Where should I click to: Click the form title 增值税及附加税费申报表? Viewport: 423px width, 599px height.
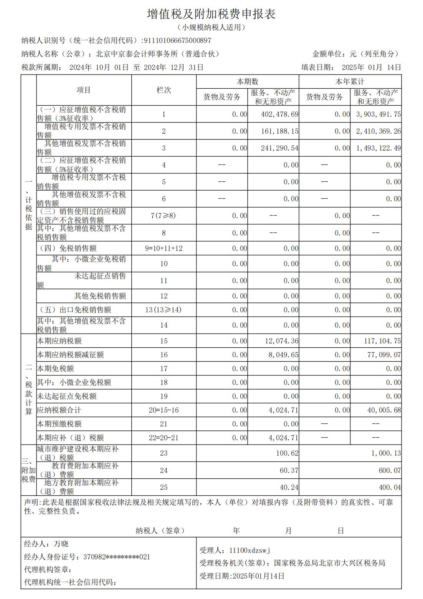(211, 14)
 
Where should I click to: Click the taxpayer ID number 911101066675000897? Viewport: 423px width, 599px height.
(177, 40)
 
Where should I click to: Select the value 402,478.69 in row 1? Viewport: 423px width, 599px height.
(274, 114)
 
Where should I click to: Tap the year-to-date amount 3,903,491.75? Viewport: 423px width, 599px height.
(378, 114)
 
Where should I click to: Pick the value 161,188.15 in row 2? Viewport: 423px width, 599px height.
(274, 131)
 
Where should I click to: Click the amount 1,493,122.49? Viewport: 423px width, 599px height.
(378, 148)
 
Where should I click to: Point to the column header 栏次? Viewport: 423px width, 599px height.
(164, 90)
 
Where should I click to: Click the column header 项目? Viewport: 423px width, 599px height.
(84, 90)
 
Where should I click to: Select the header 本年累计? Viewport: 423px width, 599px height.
(350, 82)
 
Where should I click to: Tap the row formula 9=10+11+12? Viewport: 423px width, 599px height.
(164, 248)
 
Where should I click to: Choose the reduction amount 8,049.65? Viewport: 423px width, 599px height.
(283, 355)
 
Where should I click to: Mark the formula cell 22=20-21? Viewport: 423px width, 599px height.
(164, 438)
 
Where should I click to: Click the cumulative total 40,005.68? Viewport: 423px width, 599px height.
(384, 410)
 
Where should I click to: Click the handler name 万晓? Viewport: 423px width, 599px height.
(61, 544)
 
